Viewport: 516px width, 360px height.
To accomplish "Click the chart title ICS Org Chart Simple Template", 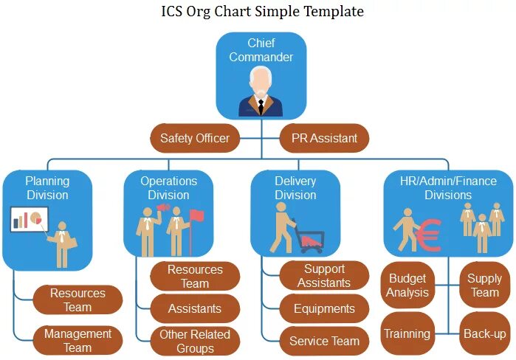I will [x=262, y=12].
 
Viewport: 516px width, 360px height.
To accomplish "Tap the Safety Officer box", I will [x=195, y=138].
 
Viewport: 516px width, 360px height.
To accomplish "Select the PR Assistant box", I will [x=324, y=138].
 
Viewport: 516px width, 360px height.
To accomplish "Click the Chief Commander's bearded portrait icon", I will [x=261, y=91].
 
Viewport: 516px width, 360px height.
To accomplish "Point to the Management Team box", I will [x=78, y=340].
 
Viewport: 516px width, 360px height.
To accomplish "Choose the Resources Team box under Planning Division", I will [x=78, y=300].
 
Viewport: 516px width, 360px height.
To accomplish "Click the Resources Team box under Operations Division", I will [x=195, y=277].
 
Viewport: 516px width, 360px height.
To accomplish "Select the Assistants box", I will [x=195, y=308].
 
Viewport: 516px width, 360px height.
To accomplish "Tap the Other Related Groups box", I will [x=195, y=341].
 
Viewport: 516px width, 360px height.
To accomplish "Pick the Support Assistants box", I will [x=324, y=276].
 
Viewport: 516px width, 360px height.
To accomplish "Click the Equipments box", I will [x=324, y=308].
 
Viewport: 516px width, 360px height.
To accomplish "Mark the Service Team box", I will [x=324, y=341].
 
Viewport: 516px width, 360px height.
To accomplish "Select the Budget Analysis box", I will [x=407, y=285].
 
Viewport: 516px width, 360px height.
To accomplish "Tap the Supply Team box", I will [x=484, y=285].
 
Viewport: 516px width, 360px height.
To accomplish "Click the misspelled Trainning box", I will [x=407, y=333].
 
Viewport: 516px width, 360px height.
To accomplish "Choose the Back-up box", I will [x=484, y=333].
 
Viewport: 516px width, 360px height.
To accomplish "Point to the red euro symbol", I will [x=429, y=234].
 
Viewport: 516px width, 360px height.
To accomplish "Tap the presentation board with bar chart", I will [x=30, y=219].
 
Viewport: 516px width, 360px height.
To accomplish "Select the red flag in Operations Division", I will [x=196, y=215].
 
